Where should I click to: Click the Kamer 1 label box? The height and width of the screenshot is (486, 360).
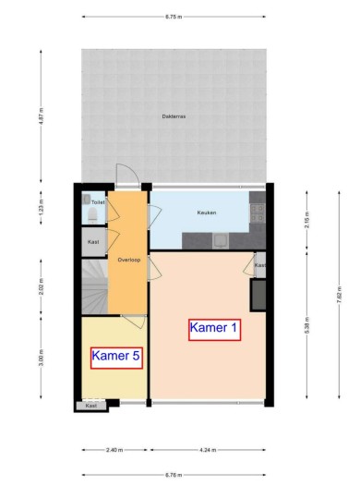click(214, 327)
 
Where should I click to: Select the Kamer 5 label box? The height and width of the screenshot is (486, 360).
click(116, 356)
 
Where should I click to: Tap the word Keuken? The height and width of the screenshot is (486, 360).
click(207, 213)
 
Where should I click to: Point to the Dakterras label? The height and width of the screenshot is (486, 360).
click(173, 116)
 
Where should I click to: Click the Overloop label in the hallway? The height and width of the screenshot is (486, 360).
click(127, 260)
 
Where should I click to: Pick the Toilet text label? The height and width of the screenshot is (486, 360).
click(98, 200)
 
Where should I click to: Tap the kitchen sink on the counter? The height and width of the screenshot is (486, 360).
click(221, 241)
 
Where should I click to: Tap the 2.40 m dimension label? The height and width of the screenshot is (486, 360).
click(114, 451)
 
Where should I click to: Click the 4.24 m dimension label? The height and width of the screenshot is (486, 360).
click(207, 451)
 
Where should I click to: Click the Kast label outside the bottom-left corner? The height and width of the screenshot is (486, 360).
click(91, 406)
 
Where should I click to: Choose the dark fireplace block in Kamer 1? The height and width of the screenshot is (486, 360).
click(259, 294)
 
